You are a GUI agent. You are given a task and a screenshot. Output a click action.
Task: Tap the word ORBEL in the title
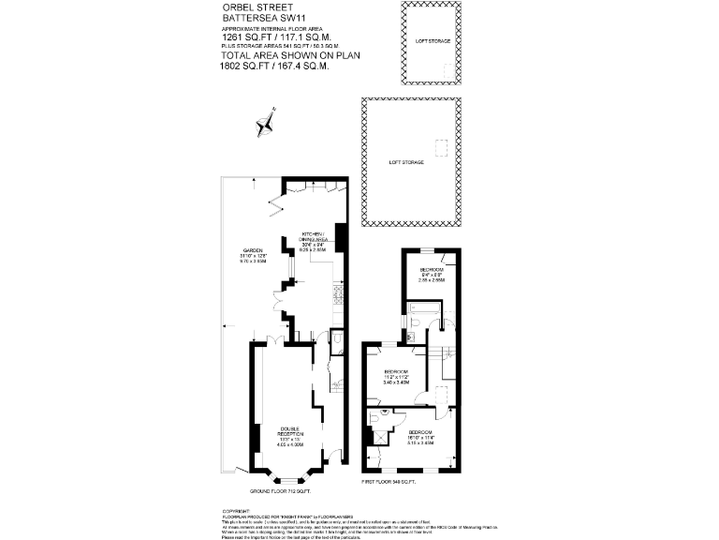(x=235, y=7)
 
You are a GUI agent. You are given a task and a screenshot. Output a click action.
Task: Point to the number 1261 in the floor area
(x=232, y=37)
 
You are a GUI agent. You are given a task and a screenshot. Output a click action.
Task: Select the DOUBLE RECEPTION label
(x=291, y=432)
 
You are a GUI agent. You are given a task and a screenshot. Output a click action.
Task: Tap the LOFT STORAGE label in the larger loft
(x=406, y=162)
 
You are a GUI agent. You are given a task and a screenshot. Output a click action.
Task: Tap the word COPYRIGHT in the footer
(x=235, y=510)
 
